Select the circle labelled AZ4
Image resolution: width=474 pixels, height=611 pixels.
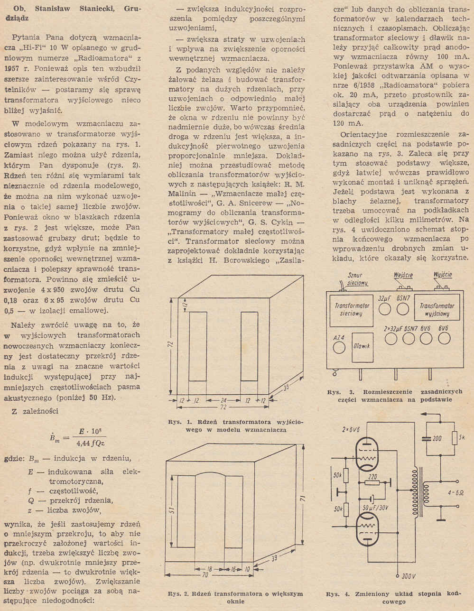(339, 348)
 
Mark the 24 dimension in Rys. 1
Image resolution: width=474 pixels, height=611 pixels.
(222, 400)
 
